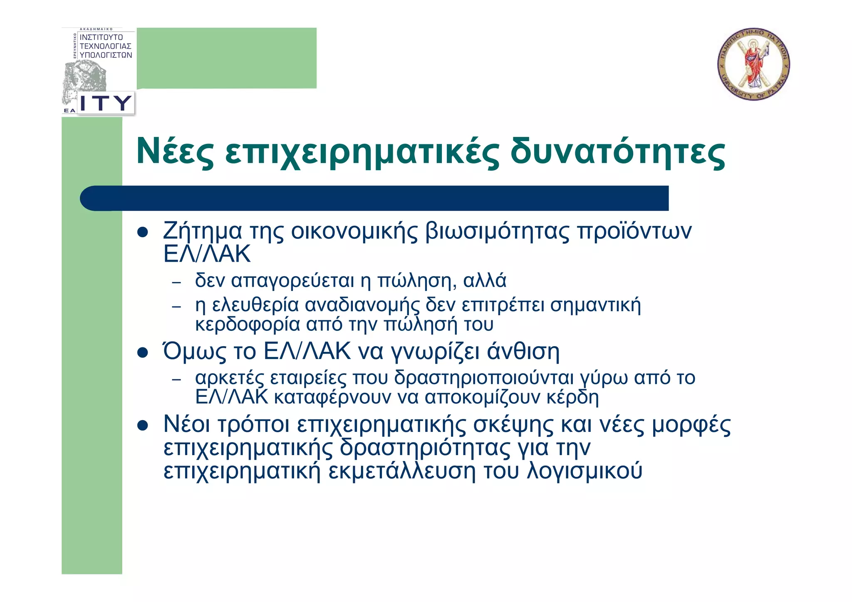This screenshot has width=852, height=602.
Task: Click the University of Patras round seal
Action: (x=753, y=64)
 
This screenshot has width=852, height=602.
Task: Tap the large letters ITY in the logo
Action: (x=106, y=103)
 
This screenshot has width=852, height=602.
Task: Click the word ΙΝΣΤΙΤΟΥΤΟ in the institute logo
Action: (x=101, y=37)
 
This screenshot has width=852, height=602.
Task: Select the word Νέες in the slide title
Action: (x=175, y=151)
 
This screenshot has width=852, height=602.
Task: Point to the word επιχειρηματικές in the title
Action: (x=362, y=153)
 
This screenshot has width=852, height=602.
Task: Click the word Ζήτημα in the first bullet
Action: (x=202, y=231)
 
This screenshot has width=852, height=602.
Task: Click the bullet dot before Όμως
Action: (x=143, y=353)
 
